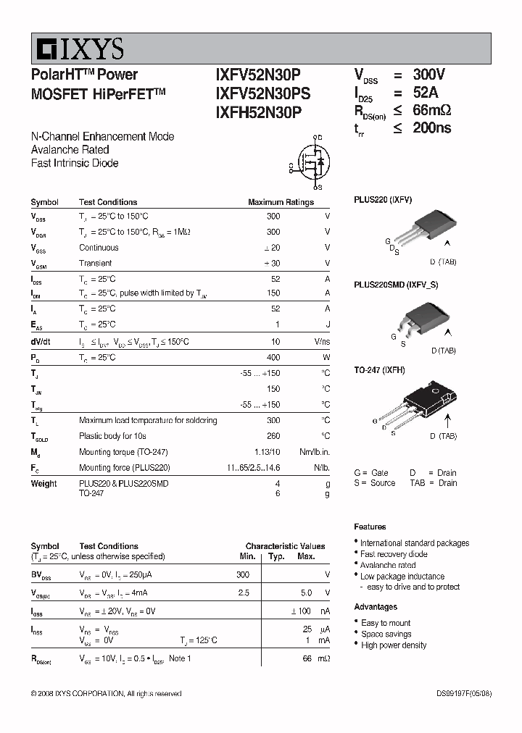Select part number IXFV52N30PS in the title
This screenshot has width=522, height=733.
coord(262,93)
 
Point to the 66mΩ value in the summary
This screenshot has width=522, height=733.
coord(432,110)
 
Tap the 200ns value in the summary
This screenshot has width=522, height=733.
coord(432,128)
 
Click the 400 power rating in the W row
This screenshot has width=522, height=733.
coord(273,358)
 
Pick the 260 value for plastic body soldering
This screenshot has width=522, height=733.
coord(273,436)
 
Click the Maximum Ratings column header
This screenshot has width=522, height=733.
coord(281,203)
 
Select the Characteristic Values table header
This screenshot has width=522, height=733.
coord(285,546)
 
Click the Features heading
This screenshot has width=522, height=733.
coord(370,527)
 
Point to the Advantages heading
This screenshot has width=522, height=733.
coord(376,607)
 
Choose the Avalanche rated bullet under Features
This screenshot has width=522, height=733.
coord(388,565)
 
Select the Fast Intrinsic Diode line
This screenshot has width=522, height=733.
coord(75,163)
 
